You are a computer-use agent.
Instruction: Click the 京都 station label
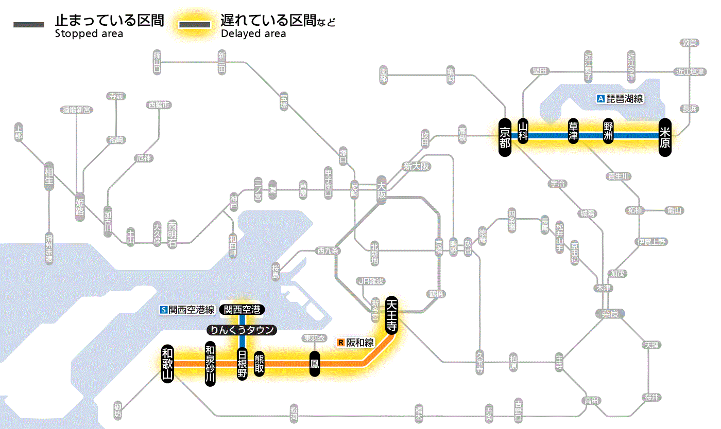(505, 136)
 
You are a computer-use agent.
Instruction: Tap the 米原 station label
(665, 136)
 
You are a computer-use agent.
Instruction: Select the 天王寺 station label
(391, 314)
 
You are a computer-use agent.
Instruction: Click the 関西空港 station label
(242, 310)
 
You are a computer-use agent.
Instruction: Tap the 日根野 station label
(242, 364)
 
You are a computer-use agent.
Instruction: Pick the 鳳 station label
(314, 364)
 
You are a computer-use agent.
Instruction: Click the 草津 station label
(573, 132)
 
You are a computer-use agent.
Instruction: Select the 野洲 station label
(608, 132)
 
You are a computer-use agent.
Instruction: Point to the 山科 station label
(523, 132)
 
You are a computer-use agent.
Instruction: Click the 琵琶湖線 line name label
(620, 99)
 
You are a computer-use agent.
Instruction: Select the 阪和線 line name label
(356, 342)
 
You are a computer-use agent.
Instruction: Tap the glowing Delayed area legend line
(195, 24)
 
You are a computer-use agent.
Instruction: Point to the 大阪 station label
(381, 191)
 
